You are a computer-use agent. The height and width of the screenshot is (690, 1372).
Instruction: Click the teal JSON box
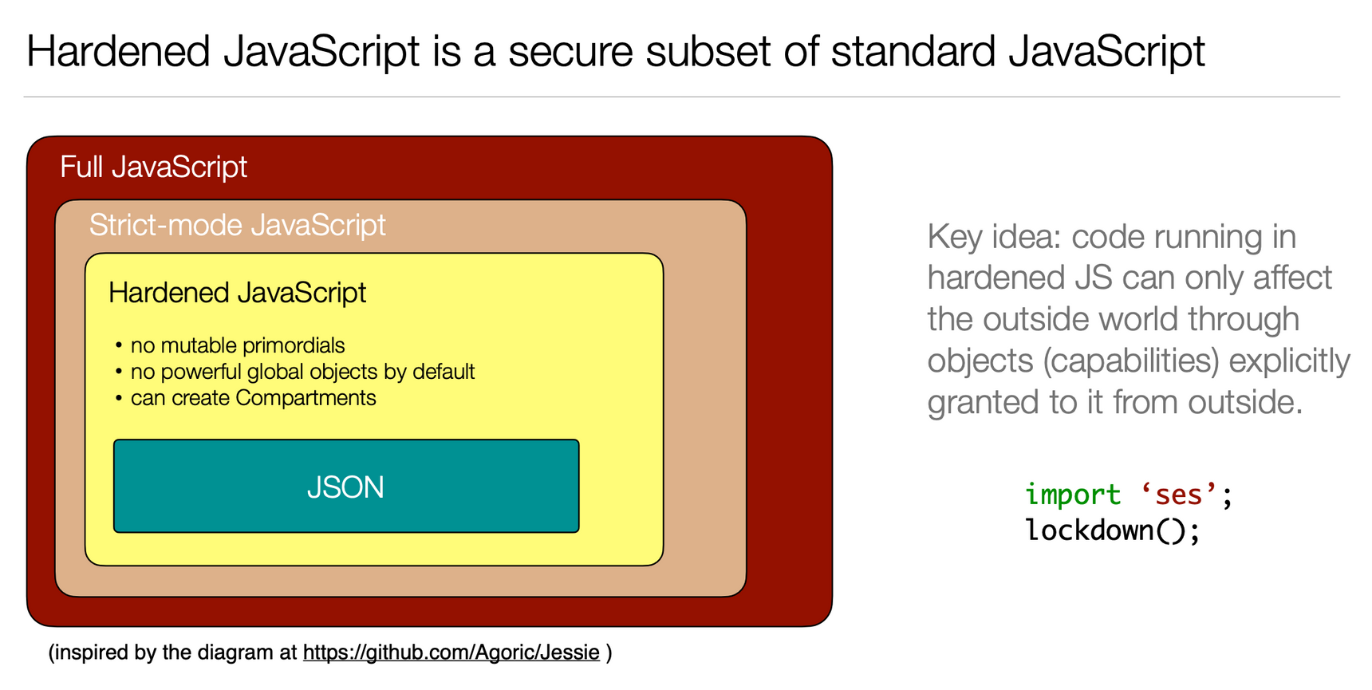(346, 486)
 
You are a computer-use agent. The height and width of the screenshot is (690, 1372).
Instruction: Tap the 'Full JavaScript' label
(154, 167)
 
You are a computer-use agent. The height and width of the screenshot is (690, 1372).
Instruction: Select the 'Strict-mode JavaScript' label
(238, 225)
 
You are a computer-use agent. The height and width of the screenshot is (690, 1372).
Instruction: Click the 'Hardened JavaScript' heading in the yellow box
(238, 293)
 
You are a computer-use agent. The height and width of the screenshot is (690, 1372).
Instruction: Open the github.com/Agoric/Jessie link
(451, 653)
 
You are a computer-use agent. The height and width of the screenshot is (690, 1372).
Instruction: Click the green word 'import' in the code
(1073, 495)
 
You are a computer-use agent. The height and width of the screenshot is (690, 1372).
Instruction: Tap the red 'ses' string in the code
(1178, 495)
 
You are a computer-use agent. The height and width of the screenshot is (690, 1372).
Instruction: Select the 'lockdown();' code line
(1113, 530)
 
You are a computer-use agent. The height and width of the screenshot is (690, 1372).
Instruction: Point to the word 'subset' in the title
(708, 51)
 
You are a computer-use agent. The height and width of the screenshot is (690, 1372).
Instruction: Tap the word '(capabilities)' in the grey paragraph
(1132, 361)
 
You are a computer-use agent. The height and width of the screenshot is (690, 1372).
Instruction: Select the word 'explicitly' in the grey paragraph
(1290, 361)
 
